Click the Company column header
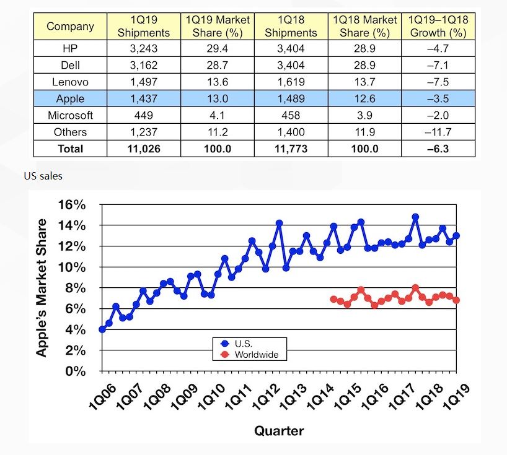[x=70, y=27]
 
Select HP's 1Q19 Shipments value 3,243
[x=144, y=48]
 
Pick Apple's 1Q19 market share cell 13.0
[x=217, y=98]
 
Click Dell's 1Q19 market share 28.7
[x=217, y=65]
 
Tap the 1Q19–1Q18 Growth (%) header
[x=438, y=27]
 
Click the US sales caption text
[x=43, y=176]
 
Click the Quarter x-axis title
[x=279, y=431]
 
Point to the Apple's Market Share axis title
[x=42, y=288]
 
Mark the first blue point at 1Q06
[x=102, y=329]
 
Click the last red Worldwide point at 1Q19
[x=457, y=300]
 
